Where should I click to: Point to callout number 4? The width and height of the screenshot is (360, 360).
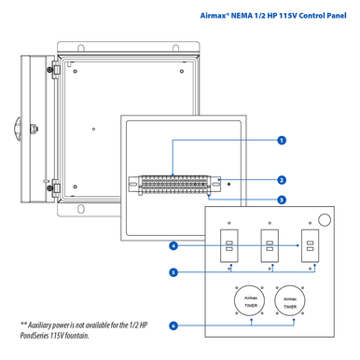point(173,246)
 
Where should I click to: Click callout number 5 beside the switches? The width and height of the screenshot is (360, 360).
point(173,272)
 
